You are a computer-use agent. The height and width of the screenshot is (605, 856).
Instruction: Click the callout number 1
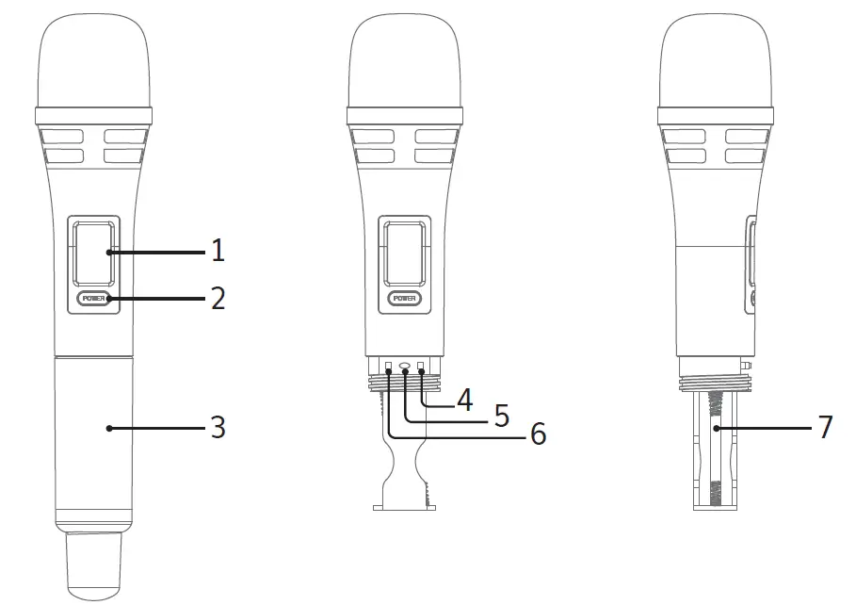click(x=218, y=251)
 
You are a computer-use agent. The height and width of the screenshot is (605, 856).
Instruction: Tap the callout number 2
click(x=218, y=299)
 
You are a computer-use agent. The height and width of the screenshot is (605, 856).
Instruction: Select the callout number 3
click(x=218, y=428)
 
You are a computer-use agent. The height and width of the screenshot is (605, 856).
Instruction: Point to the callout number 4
click(x=463, y=399)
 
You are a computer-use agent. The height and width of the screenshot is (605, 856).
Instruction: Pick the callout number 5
click(x=501, y=416)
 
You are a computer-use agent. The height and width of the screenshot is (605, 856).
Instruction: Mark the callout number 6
click(x=537, y=433)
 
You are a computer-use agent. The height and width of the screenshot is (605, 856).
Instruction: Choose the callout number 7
click(x=825, y=427)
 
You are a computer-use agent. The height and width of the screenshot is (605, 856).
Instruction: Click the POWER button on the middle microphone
click(x=404, y=299)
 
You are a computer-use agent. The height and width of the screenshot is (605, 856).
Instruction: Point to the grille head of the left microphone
click(x=93, y=61)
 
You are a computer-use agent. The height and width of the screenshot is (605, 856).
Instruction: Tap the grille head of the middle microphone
click(x=404, y=61)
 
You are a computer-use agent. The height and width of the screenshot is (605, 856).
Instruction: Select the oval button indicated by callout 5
click(x=405, y=366)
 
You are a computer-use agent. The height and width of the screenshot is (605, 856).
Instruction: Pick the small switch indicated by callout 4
click(x=421, y=366)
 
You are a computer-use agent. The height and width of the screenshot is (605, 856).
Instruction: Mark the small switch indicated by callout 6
click(x=388, y=366)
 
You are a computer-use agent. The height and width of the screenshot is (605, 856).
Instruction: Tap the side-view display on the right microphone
click(x=751, y=253)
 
